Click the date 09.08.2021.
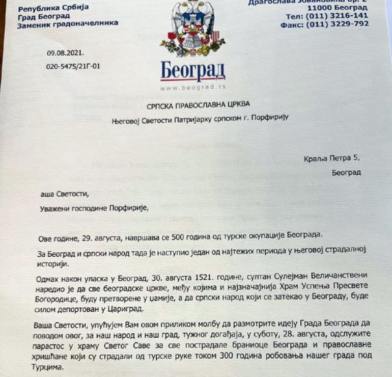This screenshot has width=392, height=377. coord(65,52)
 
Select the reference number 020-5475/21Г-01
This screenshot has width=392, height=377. coord(73,66)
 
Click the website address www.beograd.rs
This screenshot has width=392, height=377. coord(192,88)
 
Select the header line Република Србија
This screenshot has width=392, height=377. coord(53,7)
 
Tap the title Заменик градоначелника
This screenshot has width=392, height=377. coord(68,23)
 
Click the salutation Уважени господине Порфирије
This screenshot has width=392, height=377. coord(95,208)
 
